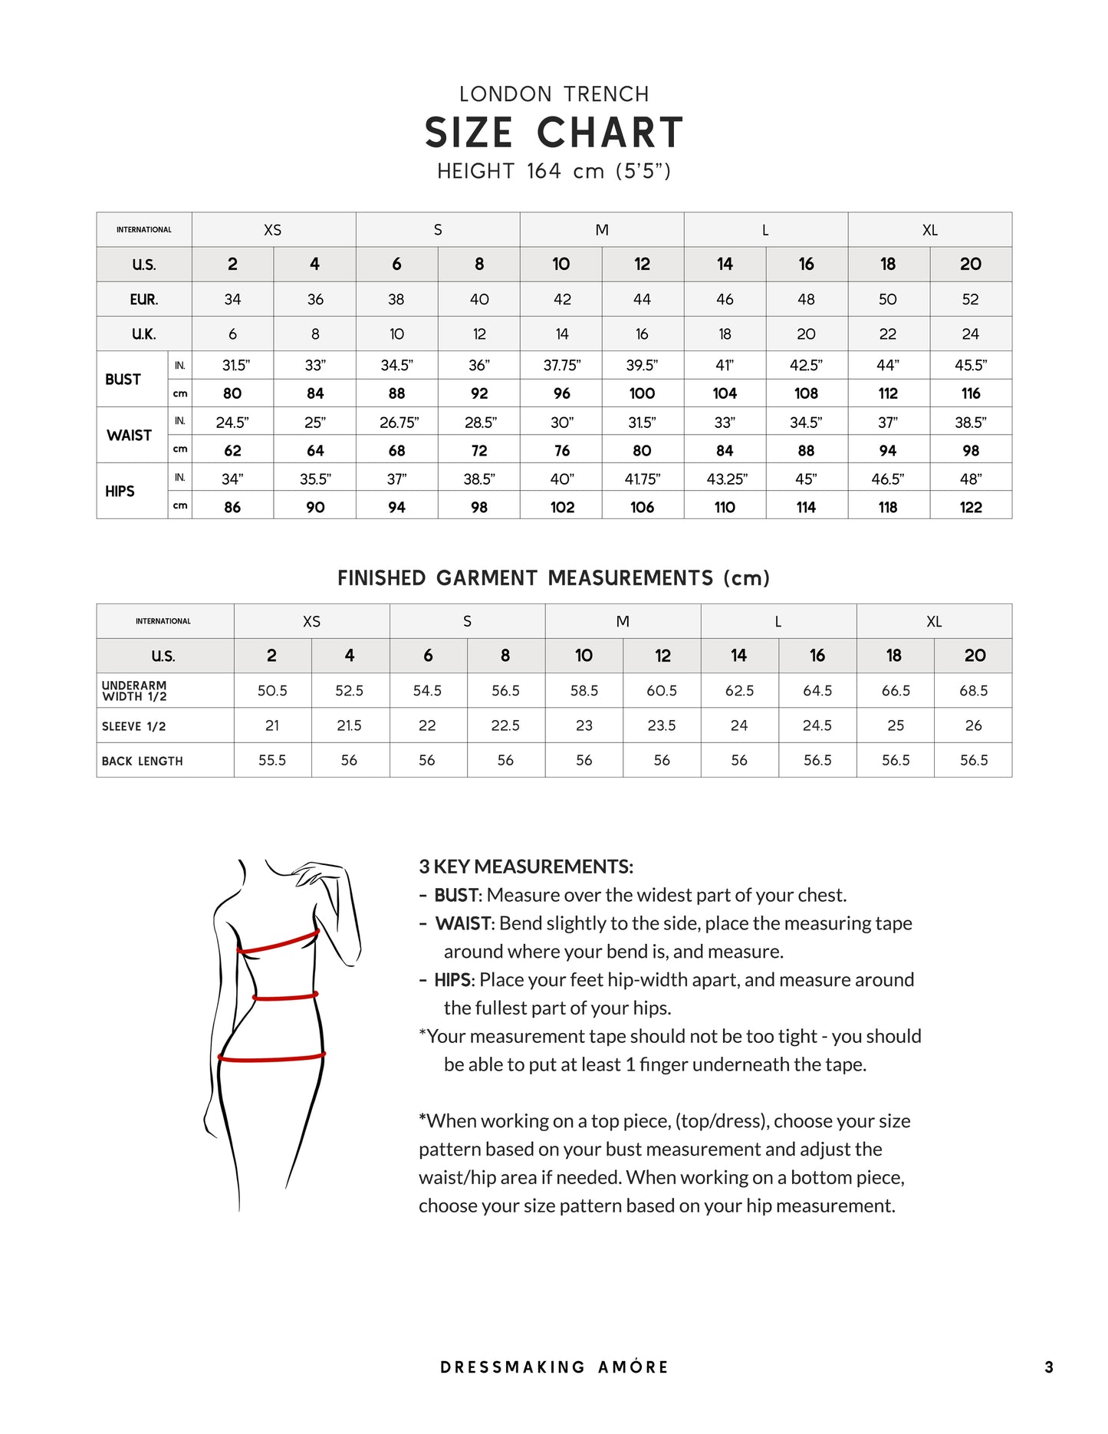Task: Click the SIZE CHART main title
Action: click(x=554, y=133)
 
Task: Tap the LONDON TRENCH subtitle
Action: click(x=554, y=94)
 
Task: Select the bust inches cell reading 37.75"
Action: click(x=561, y=366)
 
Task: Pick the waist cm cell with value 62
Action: click(x=232, y=451)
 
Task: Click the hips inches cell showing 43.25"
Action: click(x=725, y=479)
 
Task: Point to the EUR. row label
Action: click(x=143, y=300)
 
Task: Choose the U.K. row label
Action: click(x=143, y=334)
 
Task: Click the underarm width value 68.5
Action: click(x=973, y=691)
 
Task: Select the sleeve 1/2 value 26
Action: click(x=973, y=725)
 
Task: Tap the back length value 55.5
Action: click(x=272, y=761)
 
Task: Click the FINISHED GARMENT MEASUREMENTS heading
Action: click(x=554, y=578)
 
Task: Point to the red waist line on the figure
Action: click(x=285, y=997)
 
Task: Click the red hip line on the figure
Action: click(x=272, y=1057)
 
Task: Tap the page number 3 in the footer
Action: click(x=1048, y=1367)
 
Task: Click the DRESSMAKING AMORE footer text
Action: click(x=554, y=1367)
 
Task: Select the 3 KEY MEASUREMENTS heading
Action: click(x=526, y=867)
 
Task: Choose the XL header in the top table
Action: click(x=929, y=230)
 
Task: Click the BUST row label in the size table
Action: click(x=123, y=380)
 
